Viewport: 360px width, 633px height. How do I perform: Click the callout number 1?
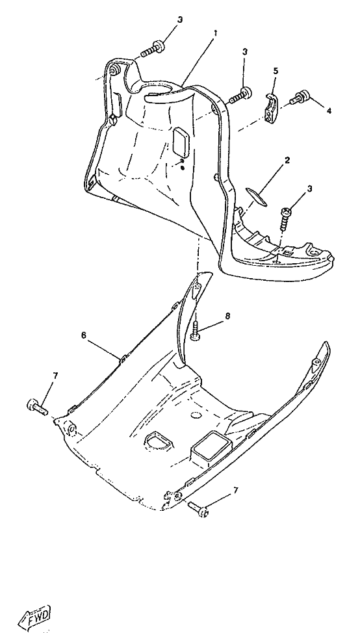215,33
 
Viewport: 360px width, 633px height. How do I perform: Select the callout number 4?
329,111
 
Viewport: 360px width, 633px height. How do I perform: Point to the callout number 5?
276,71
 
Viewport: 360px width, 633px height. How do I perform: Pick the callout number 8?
227,316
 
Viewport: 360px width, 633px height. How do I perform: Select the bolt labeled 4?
300,97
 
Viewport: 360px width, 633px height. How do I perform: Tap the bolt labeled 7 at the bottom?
199,509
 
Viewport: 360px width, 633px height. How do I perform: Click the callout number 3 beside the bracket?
245,52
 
